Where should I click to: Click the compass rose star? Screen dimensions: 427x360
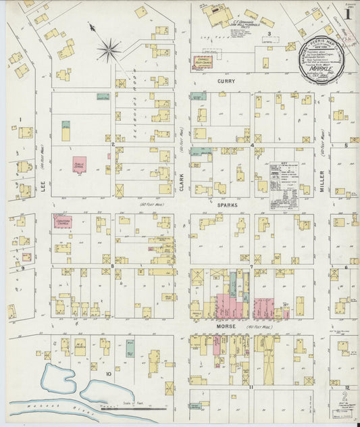pos(108,49)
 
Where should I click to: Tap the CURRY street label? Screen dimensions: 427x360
pos(225,81)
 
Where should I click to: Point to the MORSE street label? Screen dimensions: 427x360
pos(225,327)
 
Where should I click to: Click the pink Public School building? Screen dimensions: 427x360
pos(80,164)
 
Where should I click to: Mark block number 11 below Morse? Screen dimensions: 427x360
pos(251,386)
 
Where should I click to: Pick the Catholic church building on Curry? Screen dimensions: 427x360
pos(201,63)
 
